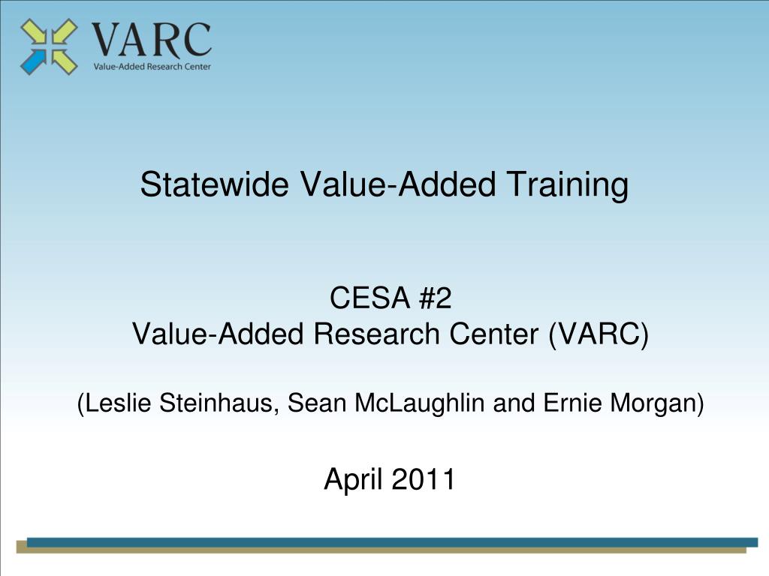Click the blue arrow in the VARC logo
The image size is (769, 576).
(x=32, y=61)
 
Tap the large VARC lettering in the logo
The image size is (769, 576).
(x=150, y=40)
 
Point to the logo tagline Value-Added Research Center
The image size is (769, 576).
(x=152, y=66)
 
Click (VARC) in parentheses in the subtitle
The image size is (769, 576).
(x=597, y=334)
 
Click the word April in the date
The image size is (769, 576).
(x=353, y=479)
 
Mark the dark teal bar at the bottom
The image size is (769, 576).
(x=391, y=542)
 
